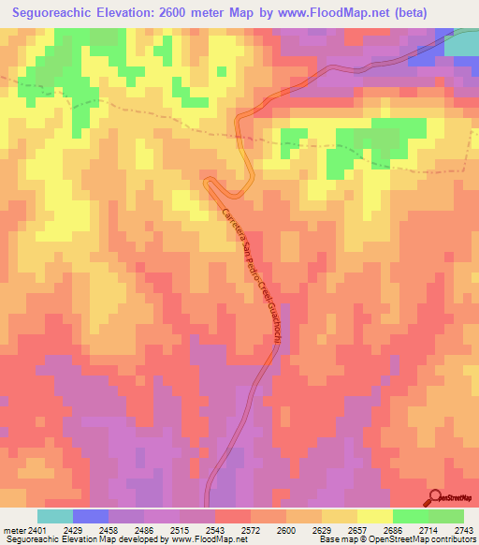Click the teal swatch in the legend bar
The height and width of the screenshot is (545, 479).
54,516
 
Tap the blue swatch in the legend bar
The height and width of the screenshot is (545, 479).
90,516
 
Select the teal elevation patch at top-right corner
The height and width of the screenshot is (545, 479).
463,42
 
